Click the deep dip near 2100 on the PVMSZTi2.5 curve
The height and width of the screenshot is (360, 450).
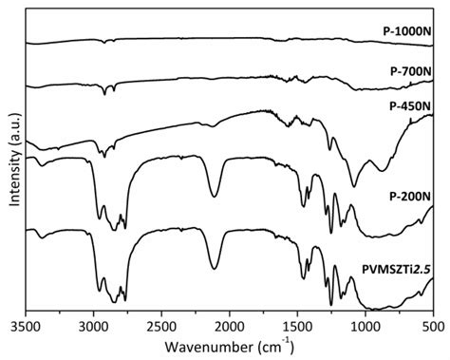click(215, 268)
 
